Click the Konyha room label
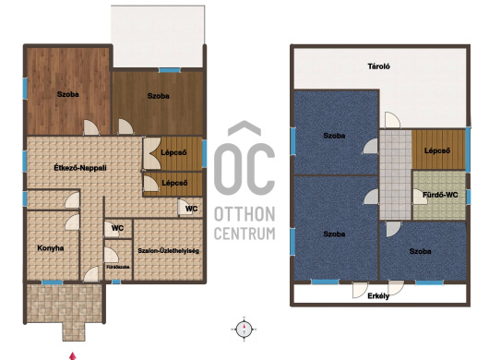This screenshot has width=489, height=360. click(x=51, y=248)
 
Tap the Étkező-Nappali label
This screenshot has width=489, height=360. click(x=80, y=168)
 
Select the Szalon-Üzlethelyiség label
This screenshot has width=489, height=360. click(x=169, y=251)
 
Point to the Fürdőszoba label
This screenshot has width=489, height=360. click(x=118, y=267)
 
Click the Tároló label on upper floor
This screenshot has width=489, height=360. click(x=378, y=66)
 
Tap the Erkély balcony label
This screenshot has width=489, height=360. click(x=378, y=296)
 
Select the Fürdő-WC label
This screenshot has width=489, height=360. click(x=440, y=195)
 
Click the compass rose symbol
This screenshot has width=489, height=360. click(x=244, y=329)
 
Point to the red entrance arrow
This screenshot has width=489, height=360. click(x=73, y=356)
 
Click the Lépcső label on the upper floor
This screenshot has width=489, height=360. click(x=437, y=150)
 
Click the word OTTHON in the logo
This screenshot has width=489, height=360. click(x=244, y=214)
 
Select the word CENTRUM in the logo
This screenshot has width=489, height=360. click(x=244, y=234)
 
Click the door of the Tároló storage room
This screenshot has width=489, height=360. click(x=392, y=120)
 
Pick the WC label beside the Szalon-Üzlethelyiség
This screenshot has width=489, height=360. click(x=117, y=228)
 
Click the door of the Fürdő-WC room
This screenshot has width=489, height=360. click(x=420, y=197)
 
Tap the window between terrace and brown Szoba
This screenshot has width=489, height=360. click(x=170, y=70)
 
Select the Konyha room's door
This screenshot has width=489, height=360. click(x=72, y=222)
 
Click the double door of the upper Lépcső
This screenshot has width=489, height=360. click(x=151, y=153)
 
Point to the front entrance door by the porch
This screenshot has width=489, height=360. click(x=91, y=274)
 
